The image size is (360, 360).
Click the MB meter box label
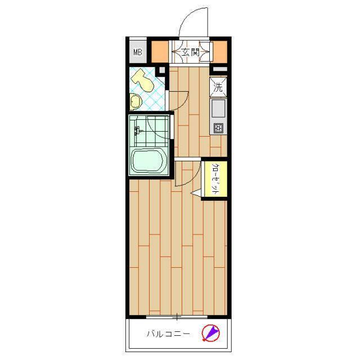point(138,52)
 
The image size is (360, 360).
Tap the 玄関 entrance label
point(190,52)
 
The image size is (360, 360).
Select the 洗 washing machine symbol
point(218,87)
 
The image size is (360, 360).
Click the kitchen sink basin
point(218,108)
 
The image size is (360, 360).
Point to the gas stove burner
point(218,128)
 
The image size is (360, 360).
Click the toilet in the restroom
point(142,81)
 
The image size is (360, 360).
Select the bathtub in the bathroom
point(148,160)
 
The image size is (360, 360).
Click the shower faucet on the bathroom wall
point(138,131)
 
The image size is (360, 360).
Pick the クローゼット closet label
point(215,179)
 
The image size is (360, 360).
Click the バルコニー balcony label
point(168,334)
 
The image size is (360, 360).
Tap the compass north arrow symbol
point(210,332)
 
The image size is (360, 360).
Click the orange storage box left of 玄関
point(160,52)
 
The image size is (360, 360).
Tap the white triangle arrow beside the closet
point(196,193)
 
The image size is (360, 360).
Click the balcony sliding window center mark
point(177,317)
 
